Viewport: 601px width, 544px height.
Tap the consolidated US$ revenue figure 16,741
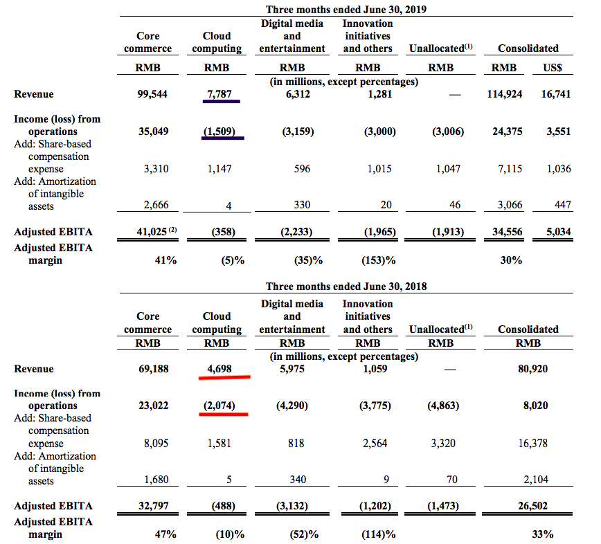(x=555, y=94)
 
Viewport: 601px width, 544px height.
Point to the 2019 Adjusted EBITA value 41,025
(x=146, y=232)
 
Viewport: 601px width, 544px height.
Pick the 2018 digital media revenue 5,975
(x=291, y=369)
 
